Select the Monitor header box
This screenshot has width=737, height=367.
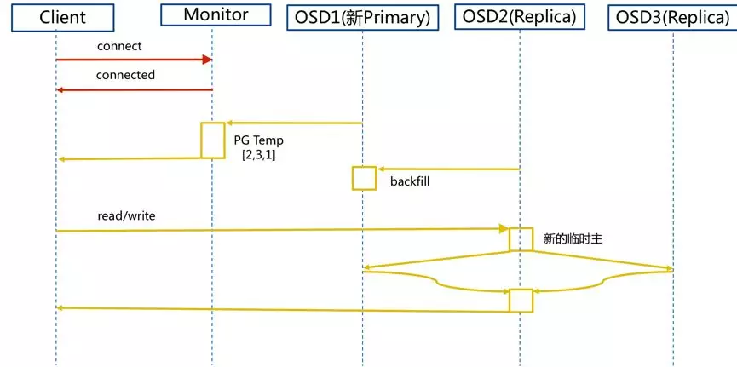(x=216, y=14)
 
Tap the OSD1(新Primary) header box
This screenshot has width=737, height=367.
(x=363, y=16)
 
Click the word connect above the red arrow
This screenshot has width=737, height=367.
(x=119, y=46)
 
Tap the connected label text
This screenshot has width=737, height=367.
(x=125, y=75)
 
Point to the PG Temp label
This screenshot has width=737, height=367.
(x=258, y=140)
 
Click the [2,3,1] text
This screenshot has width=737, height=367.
(x=258, y=155)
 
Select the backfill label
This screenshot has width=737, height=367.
(x=410, y=181)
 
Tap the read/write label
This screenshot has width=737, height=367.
(x=126, y=216)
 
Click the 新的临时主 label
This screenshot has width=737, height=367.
(x=573, y=239)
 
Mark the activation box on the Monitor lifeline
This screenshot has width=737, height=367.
(x=213, y=140)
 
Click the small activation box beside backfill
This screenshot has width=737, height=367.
(x=364, y=178)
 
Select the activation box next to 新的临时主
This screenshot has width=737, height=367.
(x=521, y=239)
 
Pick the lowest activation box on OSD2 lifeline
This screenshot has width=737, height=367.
(x=521, y=301)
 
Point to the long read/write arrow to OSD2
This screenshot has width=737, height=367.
(x=281, y=230)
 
